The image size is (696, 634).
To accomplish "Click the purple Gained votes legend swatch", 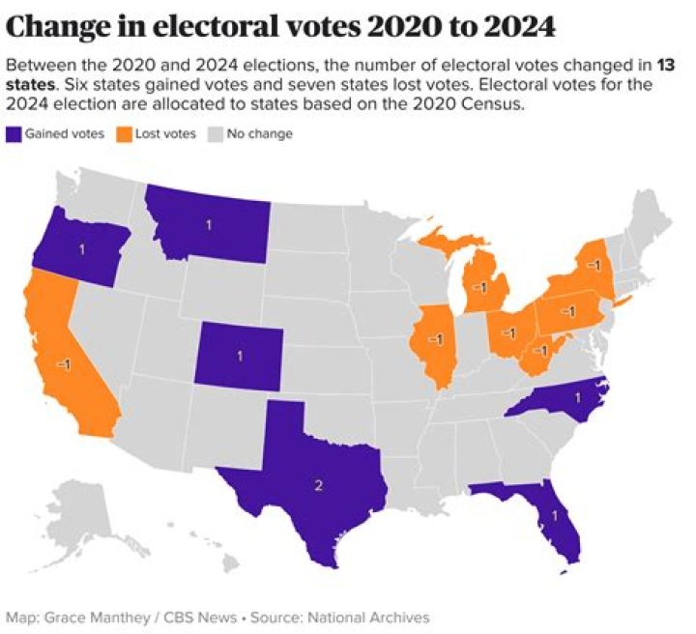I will coord(14,133).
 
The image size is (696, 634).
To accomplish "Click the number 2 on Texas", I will coord(319,484).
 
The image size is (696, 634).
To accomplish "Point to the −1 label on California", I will coord(63,363).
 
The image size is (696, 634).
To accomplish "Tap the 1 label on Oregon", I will coord(81,249).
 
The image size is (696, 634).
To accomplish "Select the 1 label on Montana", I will coord(208,225).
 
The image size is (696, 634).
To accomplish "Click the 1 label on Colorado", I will coord(240,356).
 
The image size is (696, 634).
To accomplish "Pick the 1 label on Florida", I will coord(554,516).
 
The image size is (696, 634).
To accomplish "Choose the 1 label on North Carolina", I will coord(578,397).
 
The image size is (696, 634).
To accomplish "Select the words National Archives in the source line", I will coord(374,617).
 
